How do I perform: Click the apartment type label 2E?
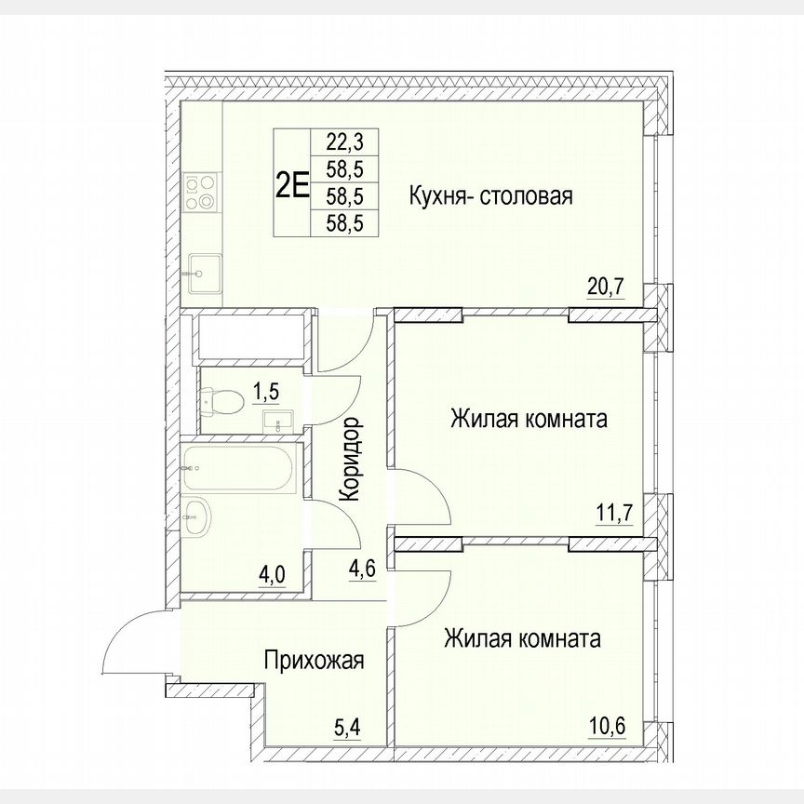(x=291, y=183)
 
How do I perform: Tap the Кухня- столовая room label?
(x=489, y=196)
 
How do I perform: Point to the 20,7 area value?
(x=605, y=287)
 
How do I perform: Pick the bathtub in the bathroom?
(x=239, y=466)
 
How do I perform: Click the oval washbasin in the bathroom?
(x=197, y=517)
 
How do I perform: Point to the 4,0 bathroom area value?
(x=272, y=574)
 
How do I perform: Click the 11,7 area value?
(x=614, y=511)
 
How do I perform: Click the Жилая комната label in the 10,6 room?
(x=521, y=639)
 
